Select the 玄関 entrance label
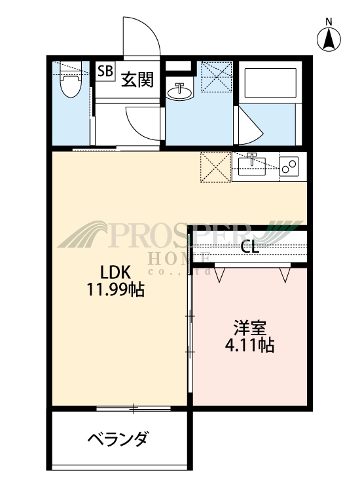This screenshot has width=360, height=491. tap(137, 79)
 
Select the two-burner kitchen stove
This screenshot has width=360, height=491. tap(289, 166)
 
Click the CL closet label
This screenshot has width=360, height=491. tap(249, 247)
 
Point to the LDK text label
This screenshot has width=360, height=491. tap(117, 272)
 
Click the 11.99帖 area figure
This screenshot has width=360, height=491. tap(116, 289)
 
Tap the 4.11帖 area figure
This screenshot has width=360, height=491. tap(249, 344)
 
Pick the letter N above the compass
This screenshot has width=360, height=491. tap(329, 21)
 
